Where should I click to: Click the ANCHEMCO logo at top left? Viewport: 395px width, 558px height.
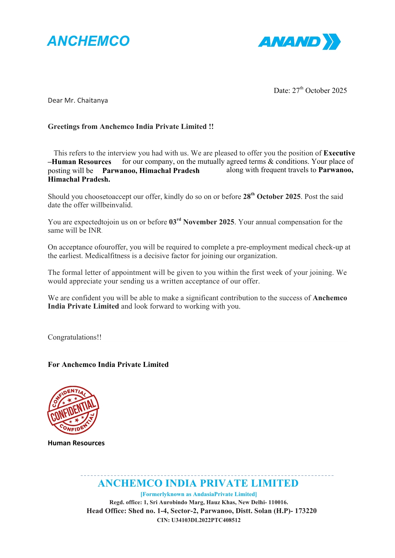88,41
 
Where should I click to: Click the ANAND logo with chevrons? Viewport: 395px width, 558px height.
299,42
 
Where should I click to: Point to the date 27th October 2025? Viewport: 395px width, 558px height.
319,90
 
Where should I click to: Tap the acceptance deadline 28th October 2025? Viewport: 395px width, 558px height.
272,196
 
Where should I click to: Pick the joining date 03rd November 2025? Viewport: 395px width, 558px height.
201,222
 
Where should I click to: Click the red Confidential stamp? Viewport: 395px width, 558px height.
73,410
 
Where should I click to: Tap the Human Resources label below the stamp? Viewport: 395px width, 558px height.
76,443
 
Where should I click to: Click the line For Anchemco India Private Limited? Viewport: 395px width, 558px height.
108,365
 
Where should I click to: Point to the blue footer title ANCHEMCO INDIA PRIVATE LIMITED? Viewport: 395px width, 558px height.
198,483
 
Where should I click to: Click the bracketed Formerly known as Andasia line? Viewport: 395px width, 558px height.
198,494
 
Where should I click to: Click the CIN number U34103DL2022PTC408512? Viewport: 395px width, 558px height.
206,520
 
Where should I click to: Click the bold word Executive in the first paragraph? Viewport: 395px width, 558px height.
339,153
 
